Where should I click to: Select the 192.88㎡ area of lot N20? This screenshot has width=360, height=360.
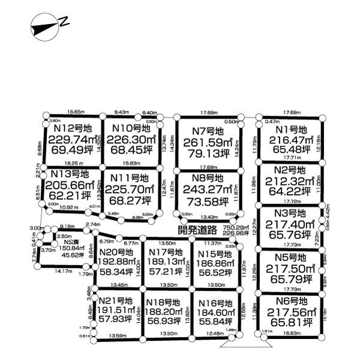(118, 262)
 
